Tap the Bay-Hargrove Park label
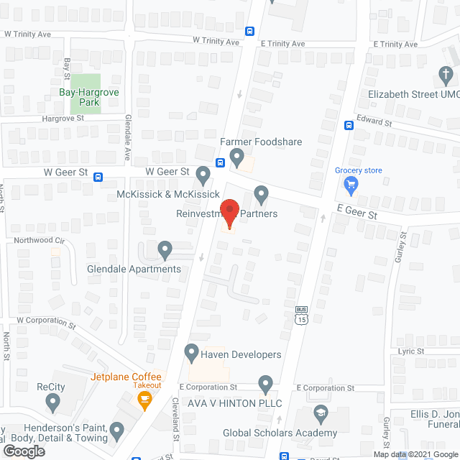89,97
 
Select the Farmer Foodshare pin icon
236,156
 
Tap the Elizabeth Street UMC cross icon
445,75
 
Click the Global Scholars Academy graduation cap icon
320,415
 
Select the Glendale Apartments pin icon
165,251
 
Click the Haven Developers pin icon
191,352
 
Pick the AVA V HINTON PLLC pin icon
266,385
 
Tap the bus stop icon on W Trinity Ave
249,31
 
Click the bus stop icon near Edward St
349,124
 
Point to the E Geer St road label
357,214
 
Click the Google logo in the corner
24,451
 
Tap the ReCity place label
51,387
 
